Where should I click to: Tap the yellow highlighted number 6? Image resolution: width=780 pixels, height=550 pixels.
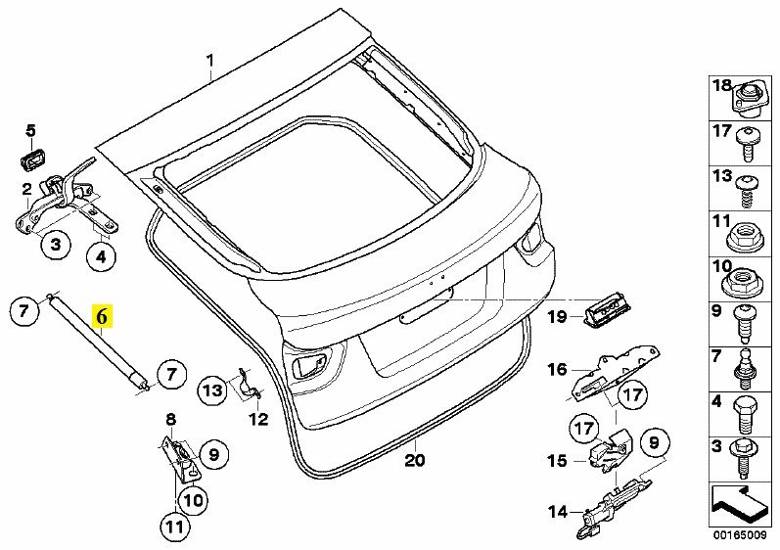[x=102, y=316]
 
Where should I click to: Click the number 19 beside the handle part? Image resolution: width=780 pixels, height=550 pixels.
[x=557, y=316]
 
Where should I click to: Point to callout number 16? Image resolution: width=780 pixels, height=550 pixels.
[x=557, y=369]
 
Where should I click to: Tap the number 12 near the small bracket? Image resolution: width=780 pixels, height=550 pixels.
[x=257, y=420]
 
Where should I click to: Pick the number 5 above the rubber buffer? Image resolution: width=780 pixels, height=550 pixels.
[x=30, y=130]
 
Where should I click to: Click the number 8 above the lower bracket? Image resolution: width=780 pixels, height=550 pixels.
[x=170, y=420]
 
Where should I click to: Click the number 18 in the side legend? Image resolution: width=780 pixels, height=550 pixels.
[x=721, y=86]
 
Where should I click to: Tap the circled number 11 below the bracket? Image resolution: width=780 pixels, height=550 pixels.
[x=173, y=527]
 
